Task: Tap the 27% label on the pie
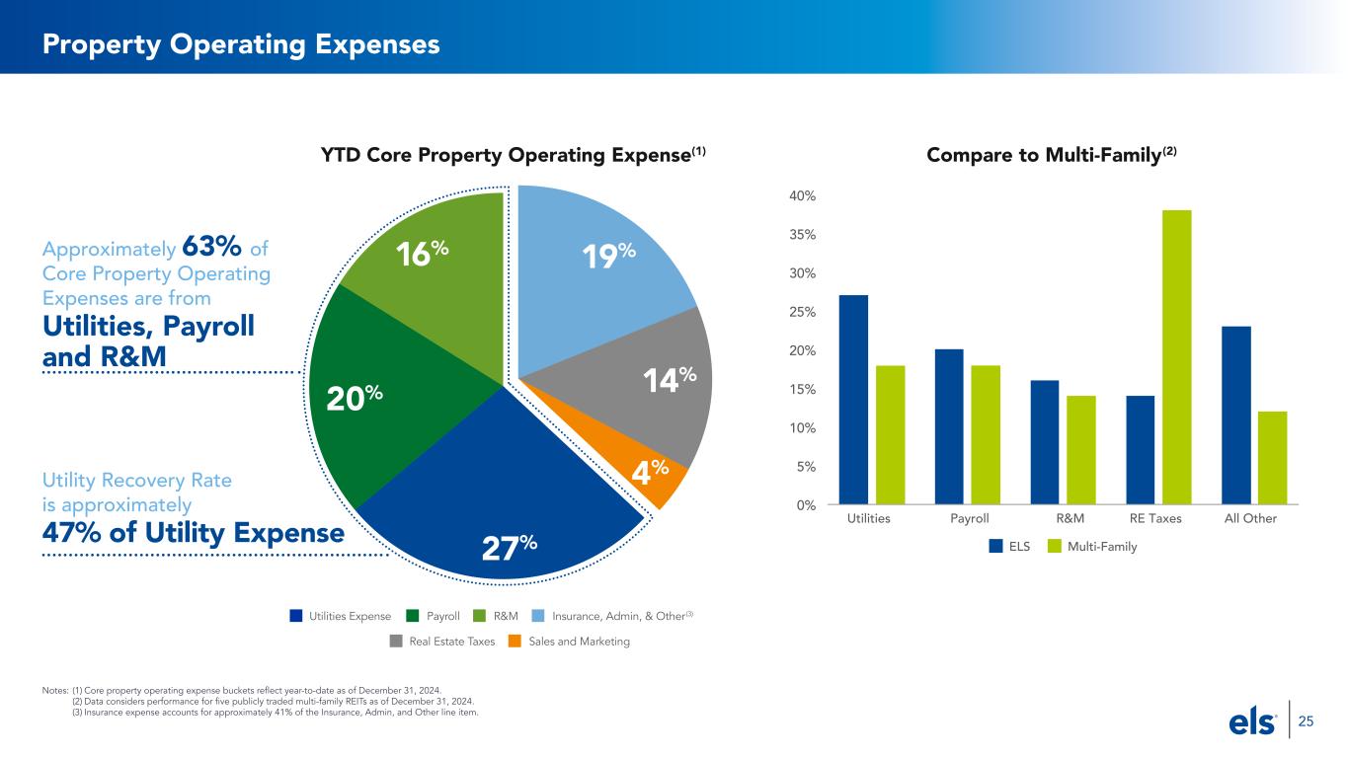click(x=510, y=547)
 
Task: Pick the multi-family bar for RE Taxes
click(x=1176, y=357)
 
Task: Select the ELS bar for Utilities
click(x=853, y=400)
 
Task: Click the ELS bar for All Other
click(x=1236, y=416)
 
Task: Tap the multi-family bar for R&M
click(x=1080, y=450)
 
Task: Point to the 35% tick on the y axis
click(x=802, y=235)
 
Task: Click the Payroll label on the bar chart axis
click(x=969, y=518)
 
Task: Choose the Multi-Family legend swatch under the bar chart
click(x=1055, y=546)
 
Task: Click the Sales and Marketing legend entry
click(x=569, y=642)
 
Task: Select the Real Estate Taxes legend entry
click(x=442, y=642)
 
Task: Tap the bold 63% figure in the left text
click(x=211, y=246)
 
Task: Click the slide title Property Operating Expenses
click(x=241, y=44)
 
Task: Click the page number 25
click(x=1306, y=721)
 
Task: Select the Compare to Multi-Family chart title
click(x=1052, y=155)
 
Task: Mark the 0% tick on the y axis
click(x=806, y=505)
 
